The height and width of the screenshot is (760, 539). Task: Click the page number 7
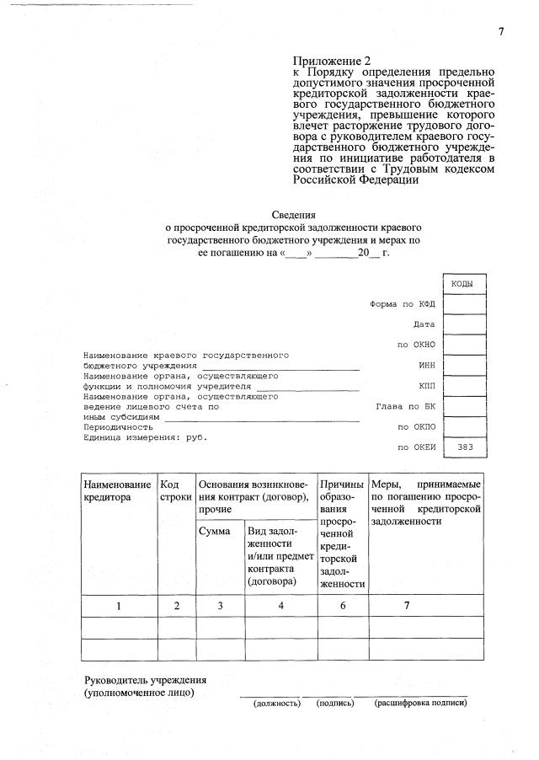pyautogui.click(x=500, y=31)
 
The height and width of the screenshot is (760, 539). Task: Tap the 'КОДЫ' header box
pyautogui.click(x=463, y=284)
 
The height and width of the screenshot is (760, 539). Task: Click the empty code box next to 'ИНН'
pyautogui.click(x=464, y=366)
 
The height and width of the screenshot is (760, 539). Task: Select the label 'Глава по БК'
pyautogui.click(x=405, y=406)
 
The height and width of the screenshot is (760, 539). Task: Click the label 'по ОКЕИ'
pyautogui.click(x=416, y=447)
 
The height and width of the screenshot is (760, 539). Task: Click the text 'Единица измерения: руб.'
pyautogui.click(x=144, y=437)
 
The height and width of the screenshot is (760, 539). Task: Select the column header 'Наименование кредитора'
pyautogui.click(x=118, y=491)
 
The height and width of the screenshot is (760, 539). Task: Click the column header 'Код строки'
pyautogui.click(x=175, y=491)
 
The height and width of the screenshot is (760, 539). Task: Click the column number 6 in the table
pyautogui.click(x=343, y=606)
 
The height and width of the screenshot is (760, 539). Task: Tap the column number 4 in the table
pyautogui.click(x=279, y=606)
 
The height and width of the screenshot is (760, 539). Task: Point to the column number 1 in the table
pyautogui.click(x=119, y=606)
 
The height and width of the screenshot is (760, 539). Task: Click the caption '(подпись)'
pyautogui.click(x=334, y=703)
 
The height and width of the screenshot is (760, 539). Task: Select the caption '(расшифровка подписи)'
pyautogui.click(x=420, y=703)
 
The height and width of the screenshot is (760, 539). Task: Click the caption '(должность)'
pyautogui.click(x=276, y=703)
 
